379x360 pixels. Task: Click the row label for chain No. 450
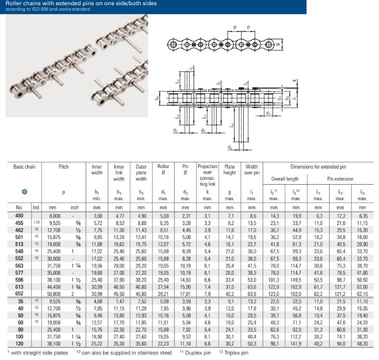tap(19, 216)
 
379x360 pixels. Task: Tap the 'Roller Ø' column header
tap(163, 169)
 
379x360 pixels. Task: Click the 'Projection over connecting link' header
tap(208, 175)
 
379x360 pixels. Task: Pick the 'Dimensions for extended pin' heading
tap(318, 167)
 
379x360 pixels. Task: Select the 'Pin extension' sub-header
tap(340, 179)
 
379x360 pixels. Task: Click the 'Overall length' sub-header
tap(285, 179)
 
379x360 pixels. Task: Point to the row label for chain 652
tap(19, 294)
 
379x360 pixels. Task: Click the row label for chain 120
tap(19, 343)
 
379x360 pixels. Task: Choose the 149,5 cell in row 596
tap(296, 280)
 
